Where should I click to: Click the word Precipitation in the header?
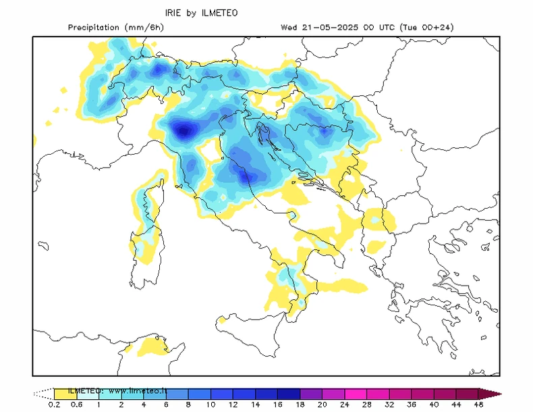[x=95, y=28]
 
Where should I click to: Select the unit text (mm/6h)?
[x=144, y=28]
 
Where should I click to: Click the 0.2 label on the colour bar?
[x=54, y=405]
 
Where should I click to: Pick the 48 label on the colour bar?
[x=478, y=405]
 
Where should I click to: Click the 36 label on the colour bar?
[x=412, y=405]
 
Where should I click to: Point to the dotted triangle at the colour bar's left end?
[x=43, y=393]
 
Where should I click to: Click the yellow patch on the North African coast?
[x=152, y=347]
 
